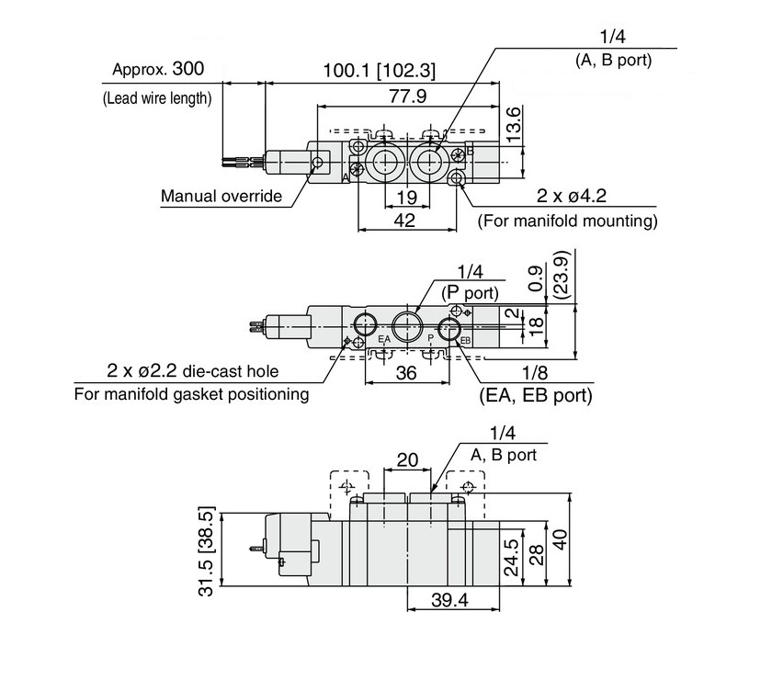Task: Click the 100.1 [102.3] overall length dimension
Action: point(379,71)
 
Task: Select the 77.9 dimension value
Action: point(408,96)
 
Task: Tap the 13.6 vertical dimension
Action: point(513,124)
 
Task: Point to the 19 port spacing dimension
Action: point(406,198)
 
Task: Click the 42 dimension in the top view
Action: point(404,221)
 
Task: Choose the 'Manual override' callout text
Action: point(221,196)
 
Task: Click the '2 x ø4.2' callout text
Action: point(571,196)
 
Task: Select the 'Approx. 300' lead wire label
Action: point(158,69)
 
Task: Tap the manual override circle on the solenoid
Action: point(318,162)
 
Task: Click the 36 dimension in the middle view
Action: point(406,373)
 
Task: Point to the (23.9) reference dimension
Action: point(562,275)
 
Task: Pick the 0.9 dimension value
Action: point(537,278)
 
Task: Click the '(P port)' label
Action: point(470,293)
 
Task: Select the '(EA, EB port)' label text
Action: point(536,395)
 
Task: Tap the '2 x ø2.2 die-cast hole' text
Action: point(192,370)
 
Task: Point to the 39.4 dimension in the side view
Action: point(449,600)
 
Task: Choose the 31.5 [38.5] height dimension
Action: point(207,551)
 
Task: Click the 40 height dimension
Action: point(560,539)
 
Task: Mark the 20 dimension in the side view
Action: point(407,459)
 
